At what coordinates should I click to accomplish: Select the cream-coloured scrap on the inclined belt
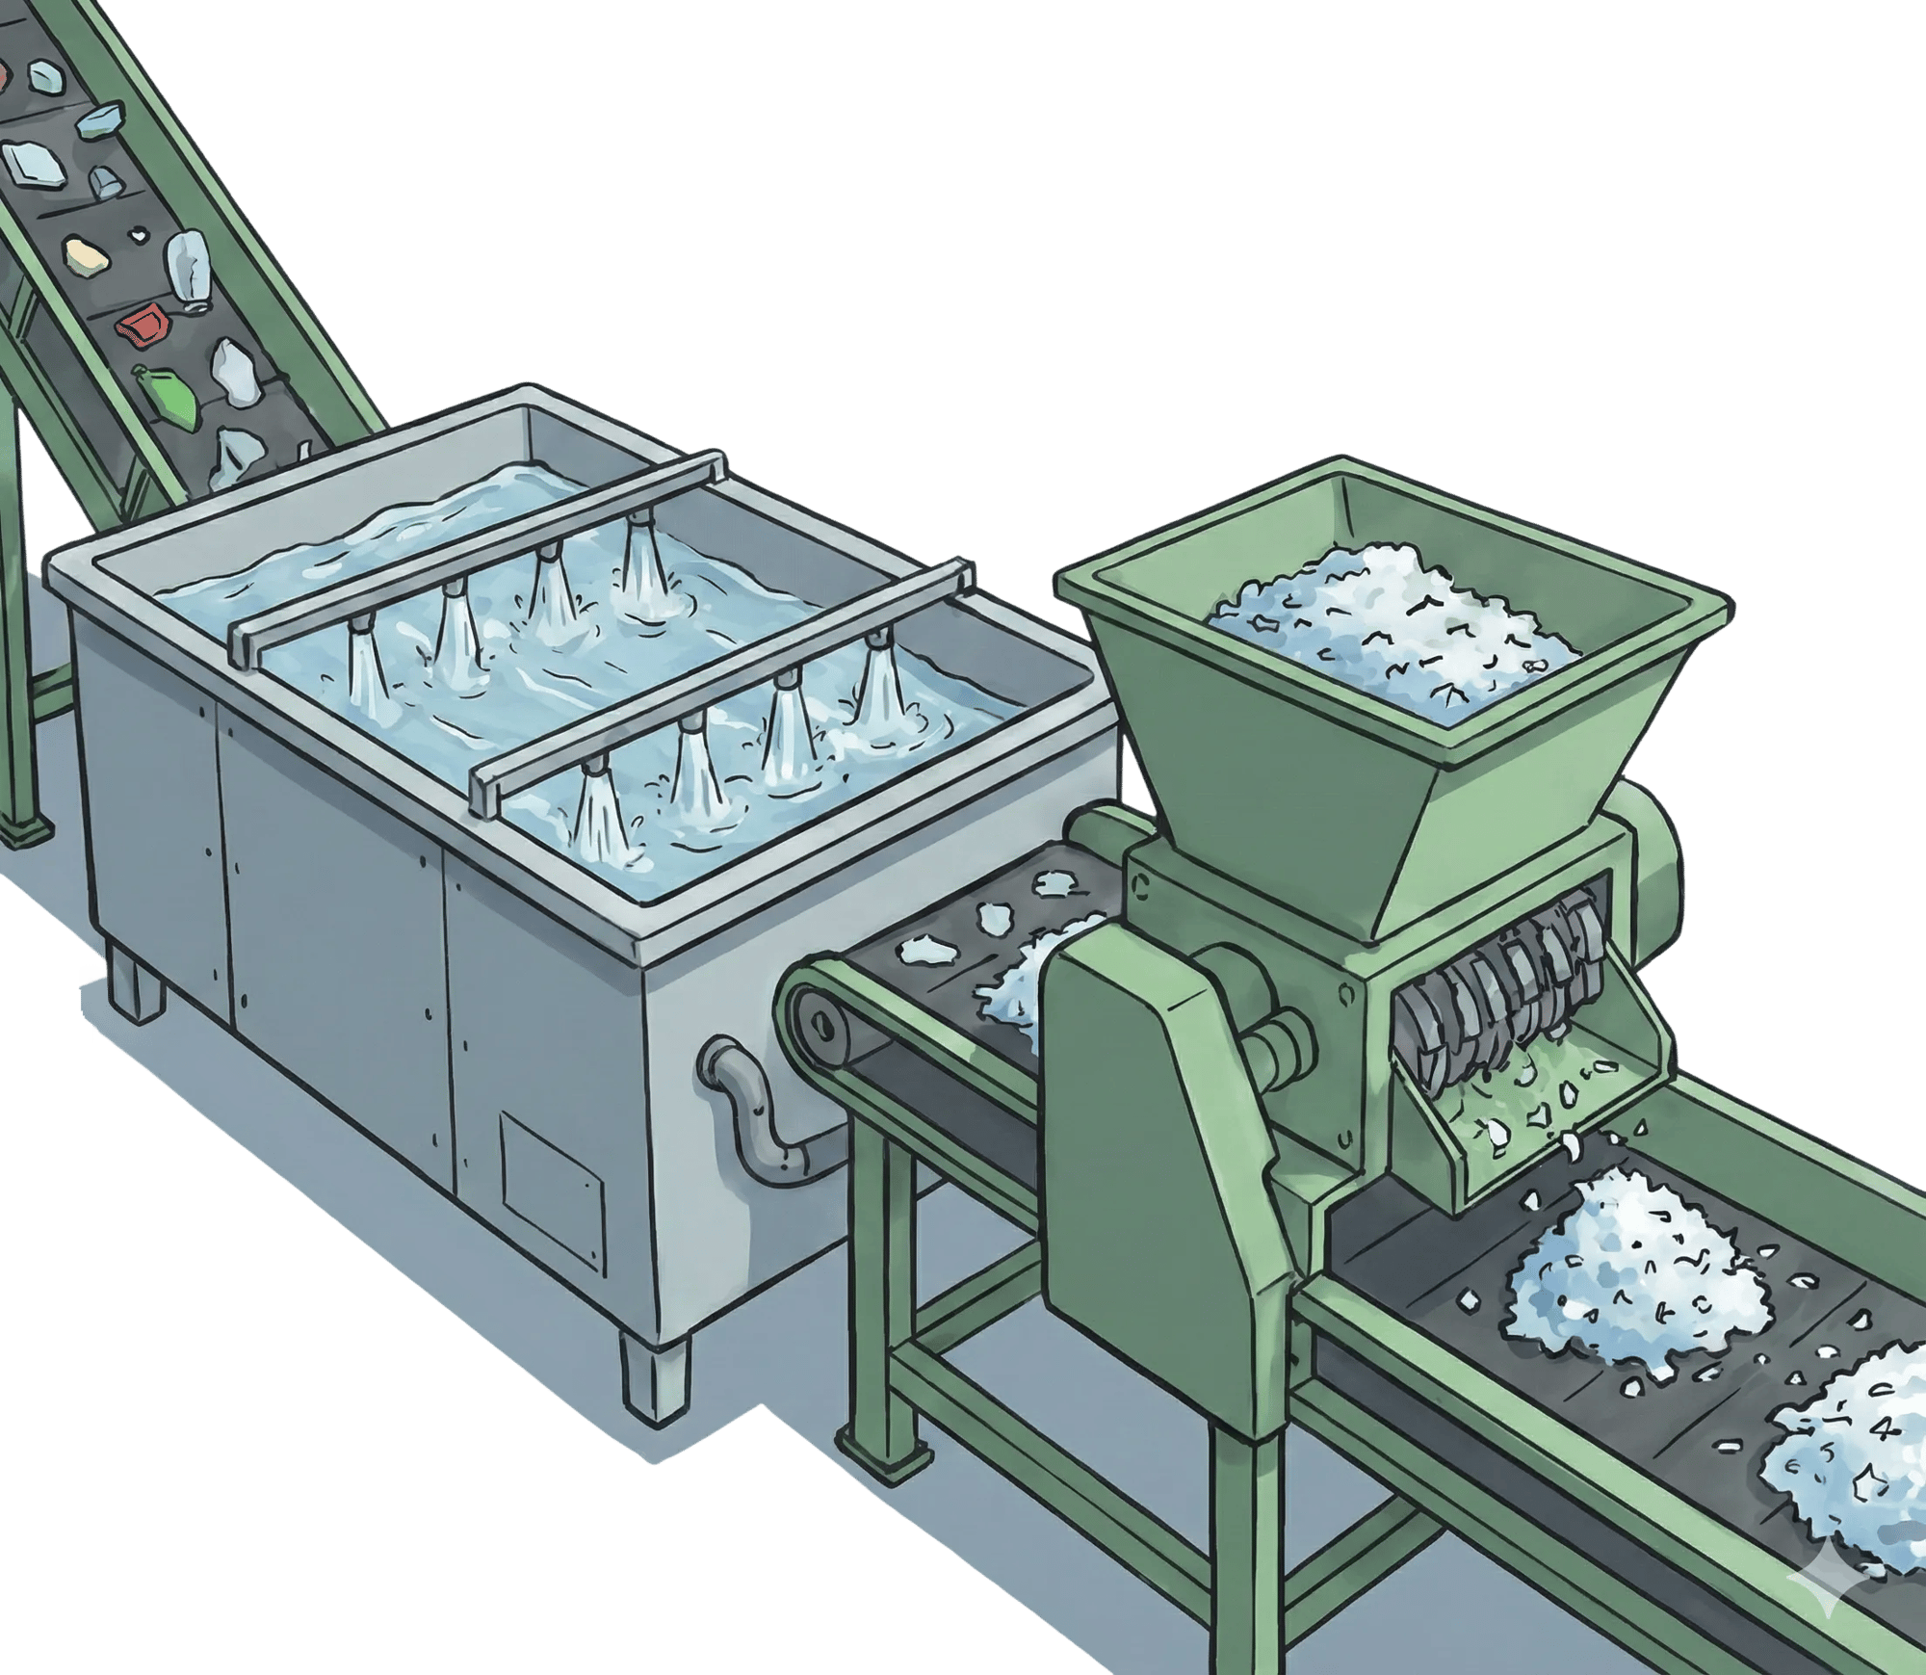(x=85, y=254)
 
